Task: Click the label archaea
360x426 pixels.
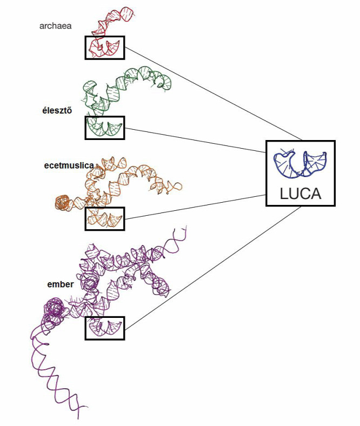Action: point(56,26)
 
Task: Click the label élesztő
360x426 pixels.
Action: point(57,111)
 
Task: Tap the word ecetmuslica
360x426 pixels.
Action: point(69,165)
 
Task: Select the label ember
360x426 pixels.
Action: point(61,284)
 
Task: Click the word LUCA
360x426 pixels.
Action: point(301,194)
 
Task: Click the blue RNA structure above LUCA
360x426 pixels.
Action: point(300,164)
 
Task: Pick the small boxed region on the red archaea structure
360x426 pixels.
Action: point(105,48)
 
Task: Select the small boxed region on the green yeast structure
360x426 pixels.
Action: point(105,128)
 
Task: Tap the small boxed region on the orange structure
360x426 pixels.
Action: point(105,219)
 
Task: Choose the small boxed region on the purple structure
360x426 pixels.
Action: point(105,328)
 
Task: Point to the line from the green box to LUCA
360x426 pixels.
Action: point(195,141)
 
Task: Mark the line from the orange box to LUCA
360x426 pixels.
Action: point(195,207)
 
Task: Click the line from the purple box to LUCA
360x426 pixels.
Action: point(213,268)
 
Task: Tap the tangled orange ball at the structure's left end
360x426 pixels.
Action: point(63,203)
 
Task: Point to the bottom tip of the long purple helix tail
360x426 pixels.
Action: point(78,418)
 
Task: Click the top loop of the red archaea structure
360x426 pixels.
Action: point(126,14)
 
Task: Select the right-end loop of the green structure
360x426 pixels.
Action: point(165,82)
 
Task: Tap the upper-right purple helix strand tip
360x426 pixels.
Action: point(186,226)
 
